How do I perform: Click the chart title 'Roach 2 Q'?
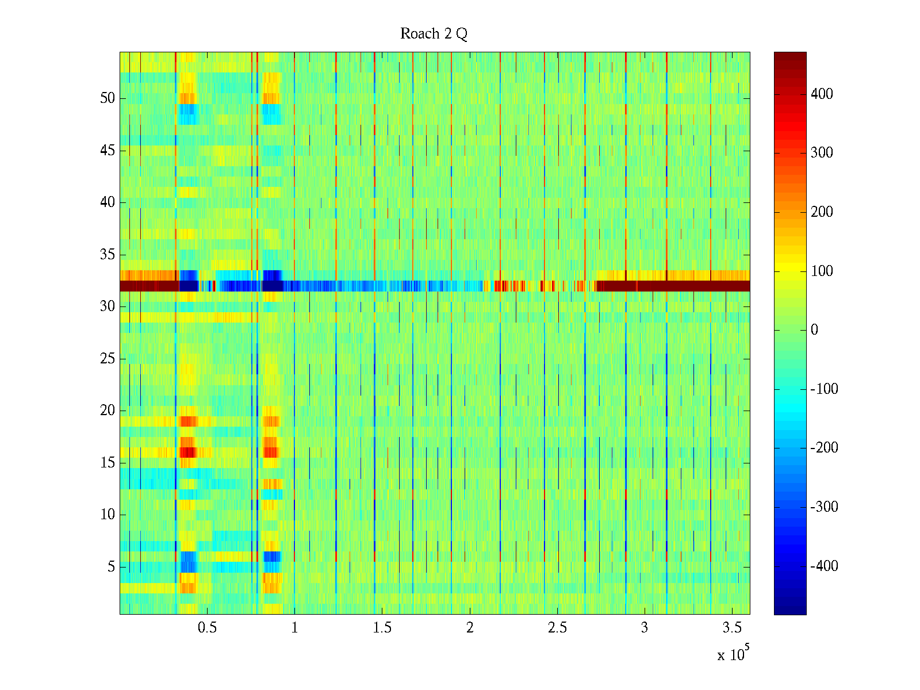tap(434, 34)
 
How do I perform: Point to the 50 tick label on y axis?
tap(108, 98)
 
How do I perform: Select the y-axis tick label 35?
tap(108, 255)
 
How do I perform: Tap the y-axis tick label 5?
tap(111, 567)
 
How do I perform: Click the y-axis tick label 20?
tap(108, 411)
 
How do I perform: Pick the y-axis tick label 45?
tap(108, 151)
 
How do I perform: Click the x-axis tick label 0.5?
tap(207, 628)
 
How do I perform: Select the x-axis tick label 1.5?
tap(382, 628)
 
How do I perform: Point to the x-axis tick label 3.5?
tap(732, 628)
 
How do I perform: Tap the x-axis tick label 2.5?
tap(557, 628)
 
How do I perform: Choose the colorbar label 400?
tap(822, 94)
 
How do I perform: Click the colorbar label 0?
tap(814, 330)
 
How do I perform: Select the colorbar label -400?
tap(824, 566)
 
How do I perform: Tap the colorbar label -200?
tap(824, 448)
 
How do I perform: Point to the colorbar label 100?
tap(822, 271)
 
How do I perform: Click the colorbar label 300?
tap(822, 153)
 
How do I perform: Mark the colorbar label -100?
tap(824, 389)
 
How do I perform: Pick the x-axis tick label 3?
tap(645, 628)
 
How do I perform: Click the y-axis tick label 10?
tap(108, 515)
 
